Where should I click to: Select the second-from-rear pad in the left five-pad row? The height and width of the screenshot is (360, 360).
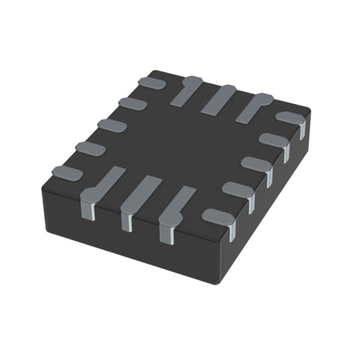click(132, 103)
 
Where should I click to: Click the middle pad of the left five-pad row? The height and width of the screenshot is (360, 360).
click(111, 126)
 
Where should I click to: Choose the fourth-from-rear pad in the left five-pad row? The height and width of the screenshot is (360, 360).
click(90, 149)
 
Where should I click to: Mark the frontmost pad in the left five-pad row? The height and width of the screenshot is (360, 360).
click(67, 173)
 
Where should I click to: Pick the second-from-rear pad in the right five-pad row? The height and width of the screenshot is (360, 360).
click(274, 140)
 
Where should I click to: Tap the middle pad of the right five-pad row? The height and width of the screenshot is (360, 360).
click(257, 163)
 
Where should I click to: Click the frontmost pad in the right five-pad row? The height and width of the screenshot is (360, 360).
click(218, 216)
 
